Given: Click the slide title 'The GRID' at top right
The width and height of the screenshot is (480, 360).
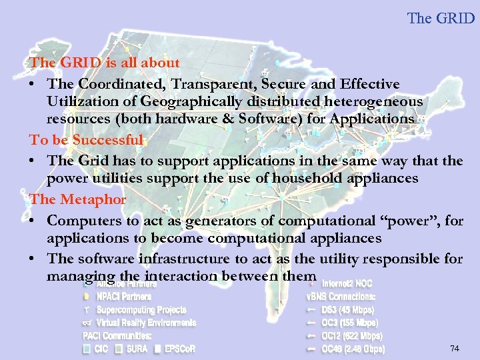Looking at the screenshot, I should [x=441, y=18].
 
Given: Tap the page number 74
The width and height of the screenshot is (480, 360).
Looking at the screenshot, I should [x=455, y=348].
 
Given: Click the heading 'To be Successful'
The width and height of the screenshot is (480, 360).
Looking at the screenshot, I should [x=86, y=140].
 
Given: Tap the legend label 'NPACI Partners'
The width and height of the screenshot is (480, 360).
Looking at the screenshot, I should [x=124, y=296].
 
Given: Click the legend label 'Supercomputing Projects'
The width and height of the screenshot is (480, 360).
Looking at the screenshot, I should [x=141, y=309].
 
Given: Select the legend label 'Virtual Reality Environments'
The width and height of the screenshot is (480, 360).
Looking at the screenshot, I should [x=146, y=323].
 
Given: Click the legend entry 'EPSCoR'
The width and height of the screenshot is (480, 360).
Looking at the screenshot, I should [x=179, y=349].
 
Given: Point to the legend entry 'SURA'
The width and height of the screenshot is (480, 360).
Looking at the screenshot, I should [x=136, y=349].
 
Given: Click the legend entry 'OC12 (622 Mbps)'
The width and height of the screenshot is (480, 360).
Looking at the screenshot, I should [x=352, y=335].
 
